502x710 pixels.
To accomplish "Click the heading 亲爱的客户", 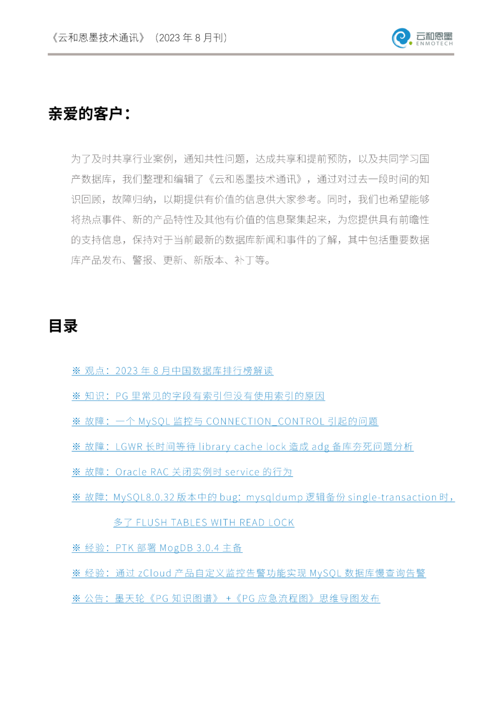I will pos(89,113).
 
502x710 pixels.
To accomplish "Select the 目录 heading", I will pos(63,326).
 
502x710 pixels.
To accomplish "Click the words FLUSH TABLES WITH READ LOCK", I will pos(215,523).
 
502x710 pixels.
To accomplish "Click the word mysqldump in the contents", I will pos(274,498).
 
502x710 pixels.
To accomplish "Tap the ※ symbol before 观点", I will pos(76,371).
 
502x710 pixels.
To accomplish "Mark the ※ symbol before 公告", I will pos(76,598).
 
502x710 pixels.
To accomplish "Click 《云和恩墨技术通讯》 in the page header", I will pos(98,38).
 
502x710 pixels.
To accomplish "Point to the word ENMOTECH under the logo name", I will pos(434,44).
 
